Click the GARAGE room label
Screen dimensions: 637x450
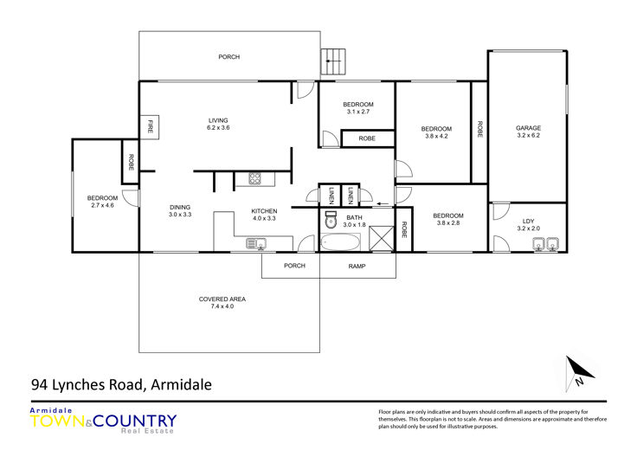click(x=528, y=128)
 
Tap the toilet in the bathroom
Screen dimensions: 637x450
click(x=331, y=220)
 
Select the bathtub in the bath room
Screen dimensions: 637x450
click(x=340, y=242)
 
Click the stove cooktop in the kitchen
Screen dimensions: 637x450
click(x=254, y=178)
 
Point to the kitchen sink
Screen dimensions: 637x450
click(x=256, y=244)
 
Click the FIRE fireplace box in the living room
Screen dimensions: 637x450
click(x=149, y=127)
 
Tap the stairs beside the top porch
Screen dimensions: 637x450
click(x=333, y=61)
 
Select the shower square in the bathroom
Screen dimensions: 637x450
click(x=382, y=238)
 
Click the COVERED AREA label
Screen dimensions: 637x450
click(x=222, y=299)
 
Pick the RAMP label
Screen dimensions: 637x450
click(x=357, y=266)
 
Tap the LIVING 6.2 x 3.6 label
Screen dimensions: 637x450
click(x=218, y=124)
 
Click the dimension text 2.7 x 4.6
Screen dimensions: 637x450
click(x=102, y=205)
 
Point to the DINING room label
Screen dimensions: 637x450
click(x=180, y=207)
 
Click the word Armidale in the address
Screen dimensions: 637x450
click(x=181, y=384)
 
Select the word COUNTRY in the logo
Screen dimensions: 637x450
click(x=134, y=421)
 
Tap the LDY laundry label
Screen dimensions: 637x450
click(x=528, y=222)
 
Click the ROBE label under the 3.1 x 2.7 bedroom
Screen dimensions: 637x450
click(x=367, y=138)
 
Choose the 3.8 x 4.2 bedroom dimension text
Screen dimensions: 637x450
click(x=436, y=137)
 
